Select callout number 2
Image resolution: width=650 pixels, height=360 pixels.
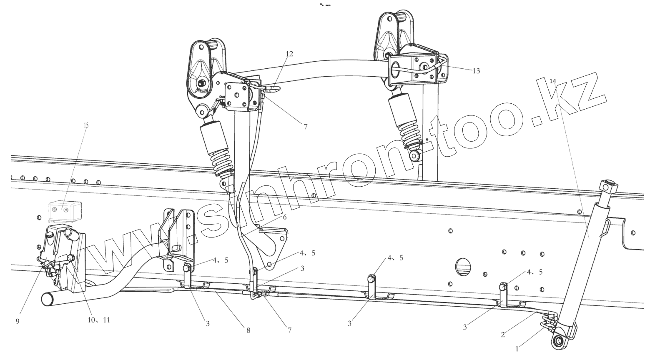503,334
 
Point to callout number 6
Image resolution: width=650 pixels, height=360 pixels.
285,217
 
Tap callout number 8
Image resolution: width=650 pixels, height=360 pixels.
248,330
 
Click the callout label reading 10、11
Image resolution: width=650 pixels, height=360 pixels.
99,320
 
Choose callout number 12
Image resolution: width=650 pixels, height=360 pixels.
289,54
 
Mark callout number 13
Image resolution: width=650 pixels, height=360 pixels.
476,71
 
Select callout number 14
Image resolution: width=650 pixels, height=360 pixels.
553,81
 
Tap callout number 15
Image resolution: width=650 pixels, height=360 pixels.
86,125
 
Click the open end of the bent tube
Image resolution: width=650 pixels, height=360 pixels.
47,299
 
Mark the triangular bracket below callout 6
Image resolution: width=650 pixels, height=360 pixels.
272,246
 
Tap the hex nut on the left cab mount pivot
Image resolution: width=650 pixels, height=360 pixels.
201,84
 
